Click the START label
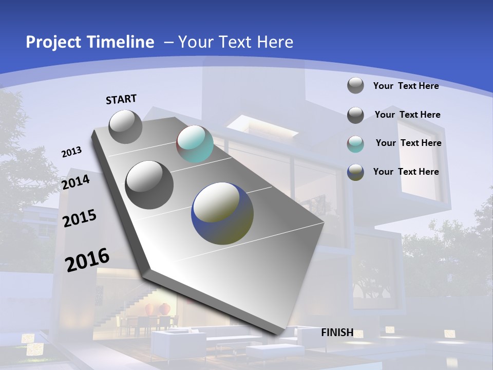tap(121, 99)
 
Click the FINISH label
tap(337, 332)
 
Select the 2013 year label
tap(71, 152)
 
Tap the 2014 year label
tap(76, 182)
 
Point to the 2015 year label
tap(80, 218)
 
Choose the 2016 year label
tap(87, 260)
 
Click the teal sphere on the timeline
tap(195, 144)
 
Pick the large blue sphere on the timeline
tap(222, 213)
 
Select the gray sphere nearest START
tap(125, 126)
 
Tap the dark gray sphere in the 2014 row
tap(149, 184)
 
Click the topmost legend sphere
tap(355, 85)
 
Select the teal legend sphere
tap(355, 144)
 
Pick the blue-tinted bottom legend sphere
tap(355, 172)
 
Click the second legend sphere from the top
tap(355, 115)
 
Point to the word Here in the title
tap(275, 42)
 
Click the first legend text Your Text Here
tap(406, 86)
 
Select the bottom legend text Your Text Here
tap(406, 172)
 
